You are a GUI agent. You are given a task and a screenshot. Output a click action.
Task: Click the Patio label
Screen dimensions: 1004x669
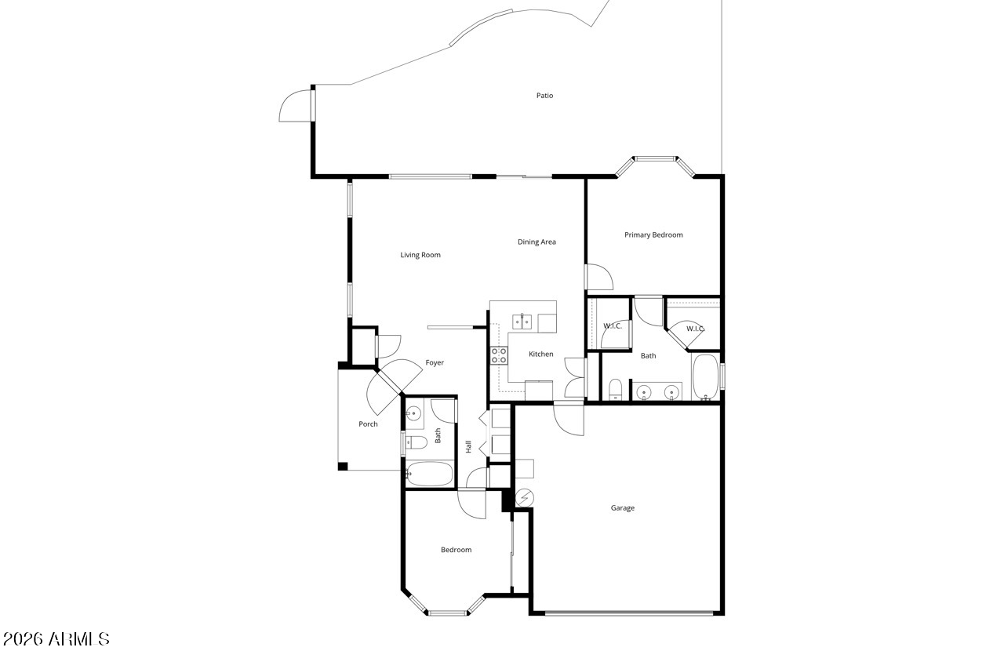544,96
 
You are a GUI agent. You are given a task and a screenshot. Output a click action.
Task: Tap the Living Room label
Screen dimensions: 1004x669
420,255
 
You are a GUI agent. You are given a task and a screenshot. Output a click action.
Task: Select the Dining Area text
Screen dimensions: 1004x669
537,242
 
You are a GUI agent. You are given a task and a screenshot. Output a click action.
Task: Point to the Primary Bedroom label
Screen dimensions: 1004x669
653,235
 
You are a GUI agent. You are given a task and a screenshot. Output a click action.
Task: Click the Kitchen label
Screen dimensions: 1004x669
541,354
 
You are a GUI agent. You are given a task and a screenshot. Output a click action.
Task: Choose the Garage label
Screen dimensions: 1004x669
623,507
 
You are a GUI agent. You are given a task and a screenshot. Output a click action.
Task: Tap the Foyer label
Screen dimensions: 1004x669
435,362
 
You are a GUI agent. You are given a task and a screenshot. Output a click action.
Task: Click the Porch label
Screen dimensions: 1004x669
368,424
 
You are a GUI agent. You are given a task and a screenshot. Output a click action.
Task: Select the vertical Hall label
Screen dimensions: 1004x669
468,446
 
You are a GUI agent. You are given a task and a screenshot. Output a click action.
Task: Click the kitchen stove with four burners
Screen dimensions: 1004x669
499,355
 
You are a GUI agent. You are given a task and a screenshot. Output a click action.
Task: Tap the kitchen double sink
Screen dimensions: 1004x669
522,322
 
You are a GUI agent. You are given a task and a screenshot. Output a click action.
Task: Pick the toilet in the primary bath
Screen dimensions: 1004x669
616,389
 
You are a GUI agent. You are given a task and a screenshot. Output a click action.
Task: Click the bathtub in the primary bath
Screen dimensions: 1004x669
705,376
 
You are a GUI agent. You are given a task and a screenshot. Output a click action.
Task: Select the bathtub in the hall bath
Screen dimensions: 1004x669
430,474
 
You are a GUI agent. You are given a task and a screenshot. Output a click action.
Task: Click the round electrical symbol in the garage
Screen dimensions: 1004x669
525,498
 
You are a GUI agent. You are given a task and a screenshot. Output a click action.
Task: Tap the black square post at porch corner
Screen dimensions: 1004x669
343,467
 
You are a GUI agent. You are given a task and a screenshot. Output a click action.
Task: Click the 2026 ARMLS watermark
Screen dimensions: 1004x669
56,639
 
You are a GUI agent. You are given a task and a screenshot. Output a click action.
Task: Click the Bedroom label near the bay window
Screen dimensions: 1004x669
457,550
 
